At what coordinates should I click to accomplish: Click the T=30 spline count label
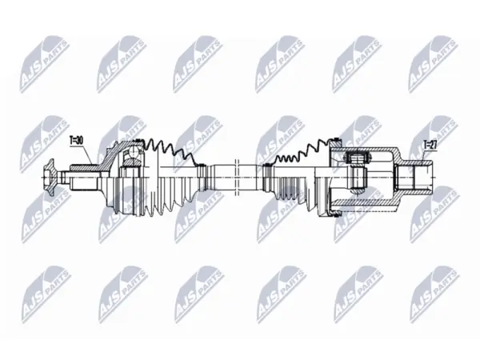point(76,141)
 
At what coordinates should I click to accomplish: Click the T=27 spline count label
point(430,144)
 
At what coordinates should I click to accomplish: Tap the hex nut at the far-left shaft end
point(49,178)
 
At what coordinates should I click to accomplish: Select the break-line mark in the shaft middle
point(236,178)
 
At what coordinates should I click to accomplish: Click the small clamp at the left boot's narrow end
point(202,177)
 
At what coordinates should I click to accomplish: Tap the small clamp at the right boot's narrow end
point(266,177)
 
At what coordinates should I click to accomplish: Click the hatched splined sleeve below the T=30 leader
point(84,168)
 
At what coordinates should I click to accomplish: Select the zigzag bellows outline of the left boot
point(169,152)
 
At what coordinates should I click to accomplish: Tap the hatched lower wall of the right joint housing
point(364,202)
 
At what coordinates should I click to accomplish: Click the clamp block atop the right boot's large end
point(335,142)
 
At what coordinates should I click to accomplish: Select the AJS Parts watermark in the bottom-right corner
point(434,294)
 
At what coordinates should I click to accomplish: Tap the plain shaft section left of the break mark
point(222,178)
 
